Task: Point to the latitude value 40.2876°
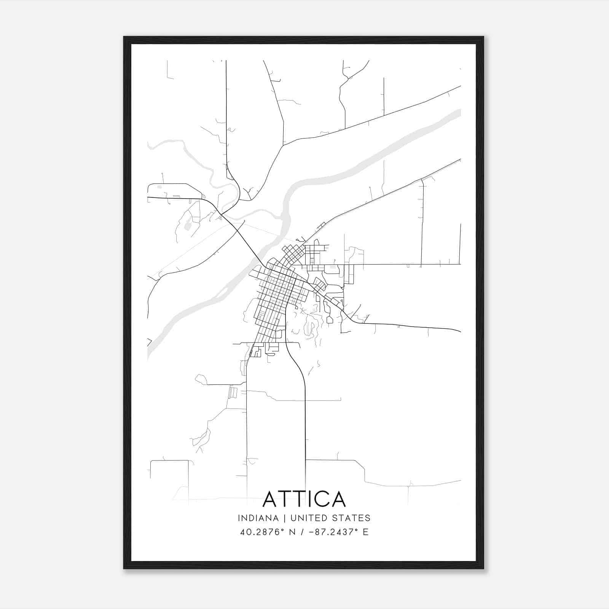(262, 532)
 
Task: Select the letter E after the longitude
(365, 532)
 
